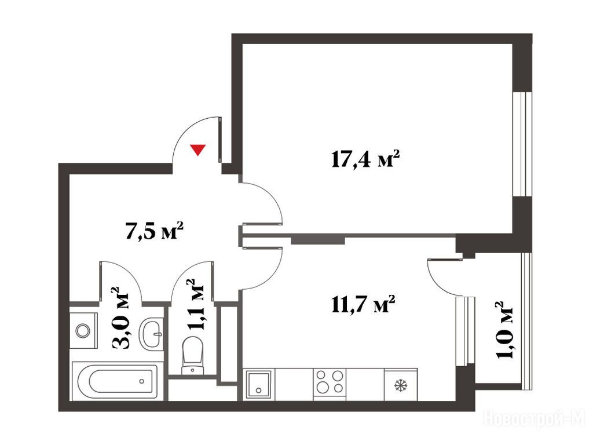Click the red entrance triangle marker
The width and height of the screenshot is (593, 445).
198,150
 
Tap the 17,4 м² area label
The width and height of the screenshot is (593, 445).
365,159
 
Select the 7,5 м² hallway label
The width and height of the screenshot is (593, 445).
154,231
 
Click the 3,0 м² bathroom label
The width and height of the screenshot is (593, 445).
120,318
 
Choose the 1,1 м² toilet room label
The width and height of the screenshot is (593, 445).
196,305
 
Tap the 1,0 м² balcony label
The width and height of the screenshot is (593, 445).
504,330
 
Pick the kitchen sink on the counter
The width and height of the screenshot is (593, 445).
259,384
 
